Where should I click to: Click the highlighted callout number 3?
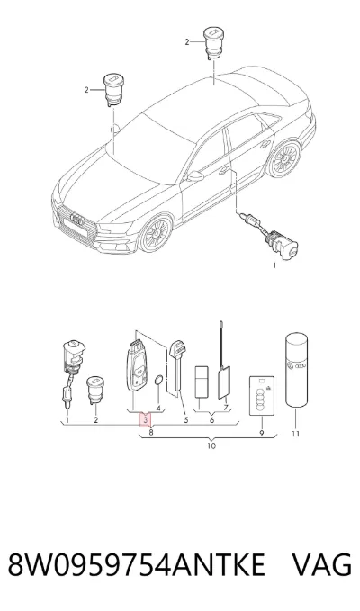click(x=145, y=419)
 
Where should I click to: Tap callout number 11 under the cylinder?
click(x=295, y=434)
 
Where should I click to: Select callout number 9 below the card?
click(x=262, y=433)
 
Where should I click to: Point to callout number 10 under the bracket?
click(x=211, y=445)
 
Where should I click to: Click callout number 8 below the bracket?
click(x=151, y=432)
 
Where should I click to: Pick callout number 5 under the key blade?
click(x=185, y=419)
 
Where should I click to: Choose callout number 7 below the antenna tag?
click(x=226, y=408)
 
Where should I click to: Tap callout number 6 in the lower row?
click(x=211, y=420)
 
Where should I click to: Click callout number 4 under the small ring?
click(x=158, y=408)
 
